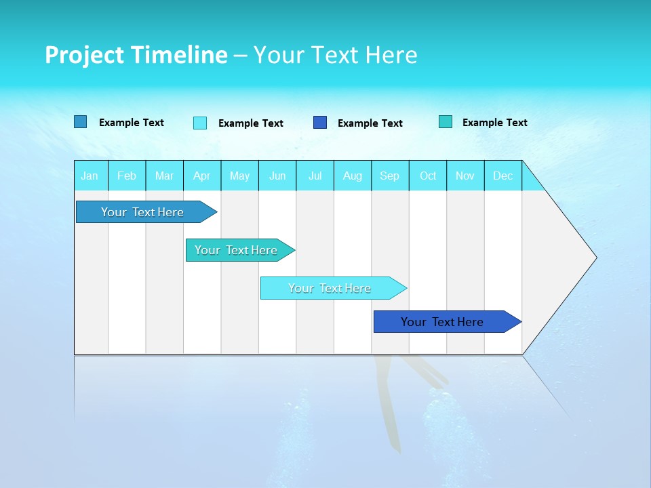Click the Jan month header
(90, 176)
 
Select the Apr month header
(202, 176)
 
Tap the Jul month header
(315, 176)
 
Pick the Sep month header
(390, 176)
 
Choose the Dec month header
(503, 176)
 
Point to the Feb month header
(127, 176)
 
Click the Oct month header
(428, 176)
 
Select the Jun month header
(277, 176)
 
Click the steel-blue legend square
(81, 122)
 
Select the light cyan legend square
(200, 123)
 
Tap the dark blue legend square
(320, 123)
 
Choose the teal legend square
(446, 122)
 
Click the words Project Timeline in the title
(136, 55)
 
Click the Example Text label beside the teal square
(494, 123)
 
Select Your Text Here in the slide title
(335, 55)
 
